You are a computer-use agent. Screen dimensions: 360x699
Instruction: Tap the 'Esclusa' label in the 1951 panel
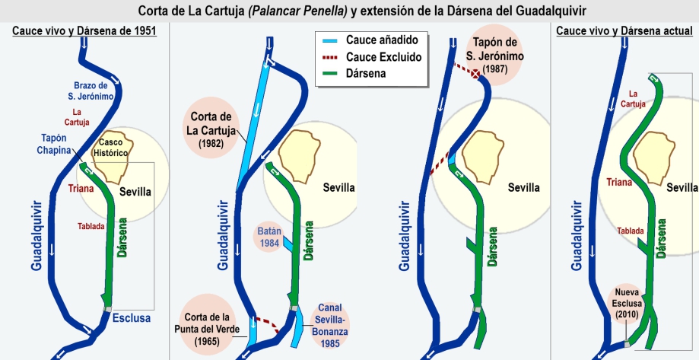coord(132,318)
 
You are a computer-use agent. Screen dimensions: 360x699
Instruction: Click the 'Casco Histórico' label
coord(113,148)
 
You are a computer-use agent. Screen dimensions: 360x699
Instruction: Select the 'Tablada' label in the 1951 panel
coord(92,226)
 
